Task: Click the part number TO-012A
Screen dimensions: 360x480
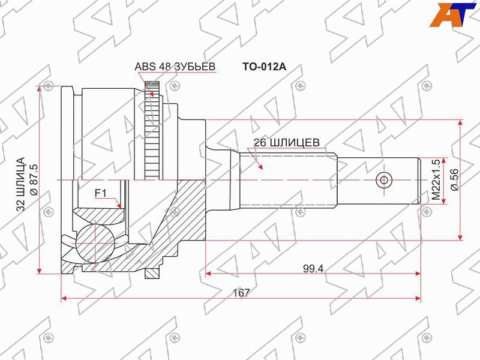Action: [264, 67]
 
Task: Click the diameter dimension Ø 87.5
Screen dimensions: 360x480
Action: [33, 180]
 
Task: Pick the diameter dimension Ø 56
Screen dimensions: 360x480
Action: [454, 179]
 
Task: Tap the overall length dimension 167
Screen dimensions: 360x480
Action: [241, 292]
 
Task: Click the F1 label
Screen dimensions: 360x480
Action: [100, 193]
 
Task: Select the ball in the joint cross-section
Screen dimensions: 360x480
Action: [97, 244]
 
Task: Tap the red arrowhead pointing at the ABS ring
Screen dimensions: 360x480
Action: [152, 94]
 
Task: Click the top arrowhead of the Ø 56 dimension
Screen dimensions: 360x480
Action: [461, 123]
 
